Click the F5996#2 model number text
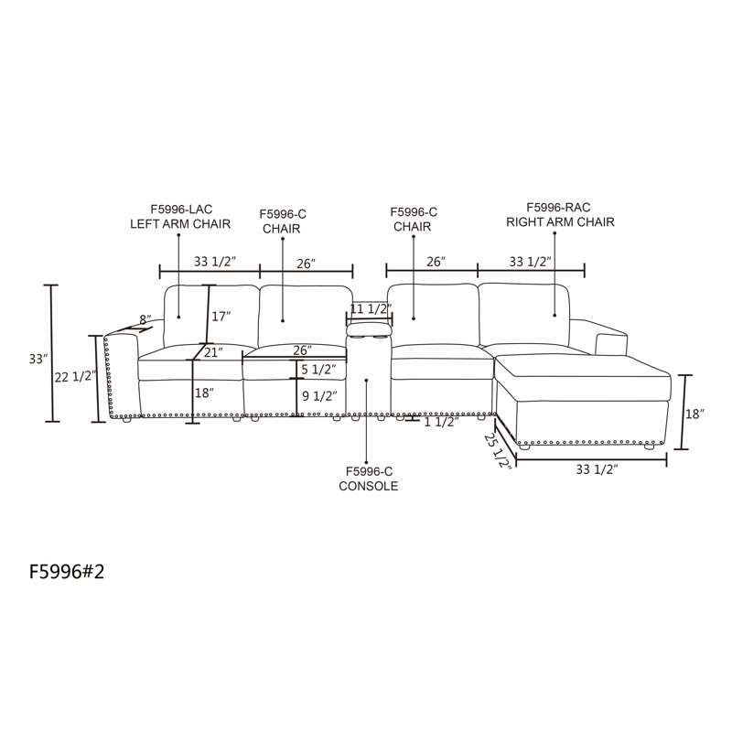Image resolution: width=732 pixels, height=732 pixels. pos(67,571)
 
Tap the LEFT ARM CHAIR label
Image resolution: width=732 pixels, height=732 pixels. pos(180,224)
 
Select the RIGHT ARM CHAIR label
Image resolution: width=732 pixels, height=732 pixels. pos(560,222)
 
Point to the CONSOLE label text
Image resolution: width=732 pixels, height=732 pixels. pos(369,486)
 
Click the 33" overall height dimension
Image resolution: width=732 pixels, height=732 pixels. pos(38,359)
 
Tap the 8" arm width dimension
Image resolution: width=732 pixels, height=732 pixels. pos(145,319)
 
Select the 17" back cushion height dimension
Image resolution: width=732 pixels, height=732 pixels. pos(221,317)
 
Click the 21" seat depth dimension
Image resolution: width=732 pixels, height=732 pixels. pos(213,352)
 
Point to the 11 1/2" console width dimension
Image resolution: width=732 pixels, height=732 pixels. pos(371,308)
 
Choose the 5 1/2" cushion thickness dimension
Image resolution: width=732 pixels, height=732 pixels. pos(318,370)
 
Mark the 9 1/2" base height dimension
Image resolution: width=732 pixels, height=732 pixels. pos(319,396)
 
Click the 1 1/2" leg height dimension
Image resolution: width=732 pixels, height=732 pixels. pos(441,422)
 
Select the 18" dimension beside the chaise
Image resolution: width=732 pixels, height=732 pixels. pos(694,414)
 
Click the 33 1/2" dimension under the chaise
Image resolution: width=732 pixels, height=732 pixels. pos(597,469)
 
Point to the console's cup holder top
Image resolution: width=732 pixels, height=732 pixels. pos(369,329)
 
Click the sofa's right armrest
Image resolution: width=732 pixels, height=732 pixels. pos(610,336)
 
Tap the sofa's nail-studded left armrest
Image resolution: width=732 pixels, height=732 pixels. pos(123,374)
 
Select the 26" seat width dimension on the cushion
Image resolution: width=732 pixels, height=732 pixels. pos(303,350)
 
